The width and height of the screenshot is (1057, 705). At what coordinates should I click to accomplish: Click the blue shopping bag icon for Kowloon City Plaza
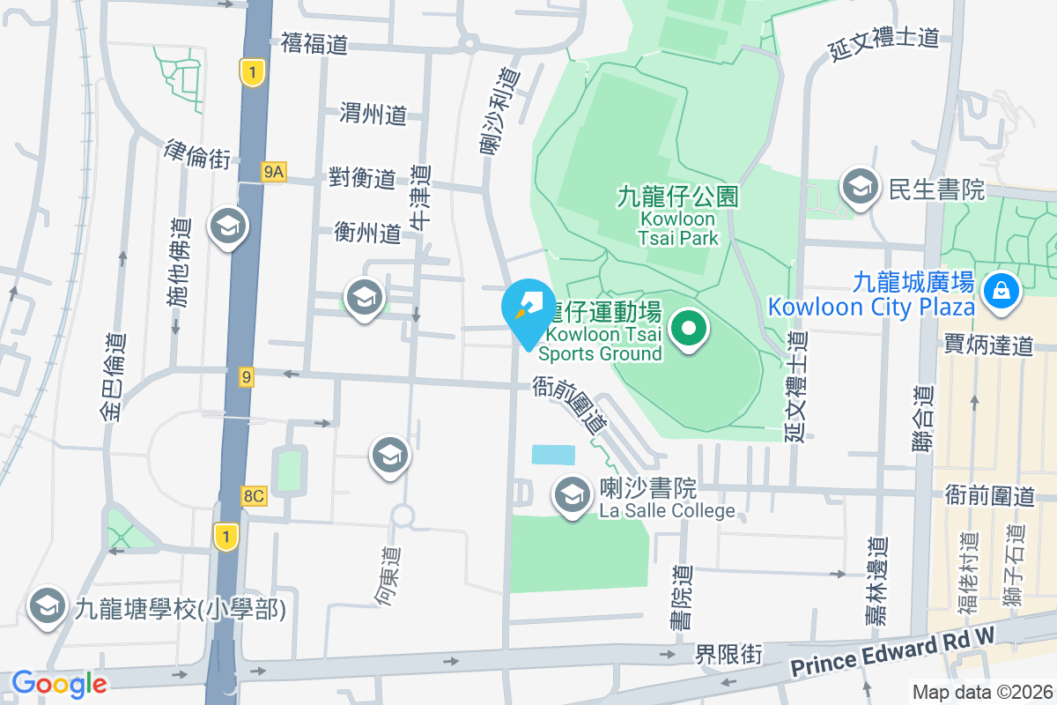point(1001,289)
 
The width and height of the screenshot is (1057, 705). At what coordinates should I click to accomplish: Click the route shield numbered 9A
point(273,172)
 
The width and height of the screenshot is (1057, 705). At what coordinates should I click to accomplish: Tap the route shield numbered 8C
point(254,496)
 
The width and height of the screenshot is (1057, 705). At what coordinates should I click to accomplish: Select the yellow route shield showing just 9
point(247,377)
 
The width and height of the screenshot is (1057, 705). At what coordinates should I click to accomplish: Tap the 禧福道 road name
point(314,43)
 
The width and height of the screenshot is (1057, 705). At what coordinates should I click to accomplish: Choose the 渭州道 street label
point(373,114)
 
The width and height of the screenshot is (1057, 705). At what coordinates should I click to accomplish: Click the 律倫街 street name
point(197,153)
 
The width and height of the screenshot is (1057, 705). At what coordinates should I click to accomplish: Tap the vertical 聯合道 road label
point(922,419)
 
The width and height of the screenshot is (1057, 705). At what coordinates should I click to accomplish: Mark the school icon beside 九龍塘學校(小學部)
point(47,607)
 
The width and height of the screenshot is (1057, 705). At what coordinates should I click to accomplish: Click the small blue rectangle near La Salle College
point(553,455)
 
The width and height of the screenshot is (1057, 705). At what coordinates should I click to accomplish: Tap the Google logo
point(59,683)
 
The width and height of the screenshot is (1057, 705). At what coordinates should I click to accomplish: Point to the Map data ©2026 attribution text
point(981,693)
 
